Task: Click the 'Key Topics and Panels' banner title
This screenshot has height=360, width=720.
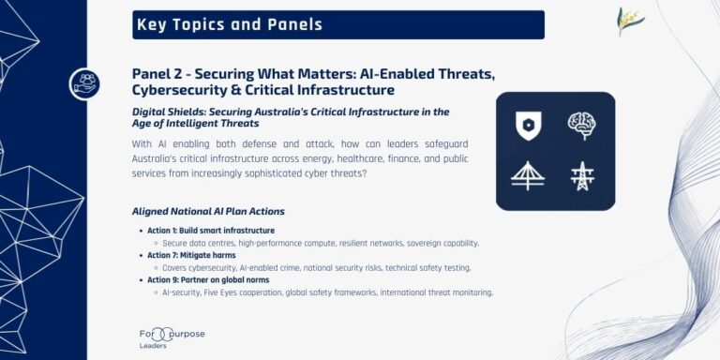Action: [230, 24]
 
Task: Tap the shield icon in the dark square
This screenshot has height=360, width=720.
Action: [529, 126]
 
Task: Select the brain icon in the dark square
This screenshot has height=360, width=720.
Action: [582, 126]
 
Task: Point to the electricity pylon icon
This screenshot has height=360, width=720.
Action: [582, 176]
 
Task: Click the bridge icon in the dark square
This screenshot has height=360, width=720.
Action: [529, 176]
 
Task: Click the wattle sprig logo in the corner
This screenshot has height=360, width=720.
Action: [630, 21]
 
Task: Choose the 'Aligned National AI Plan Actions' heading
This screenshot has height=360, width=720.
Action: [208, 211]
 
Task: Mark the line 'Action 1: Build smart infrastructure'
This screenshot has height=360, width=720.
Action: [210, 231]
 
